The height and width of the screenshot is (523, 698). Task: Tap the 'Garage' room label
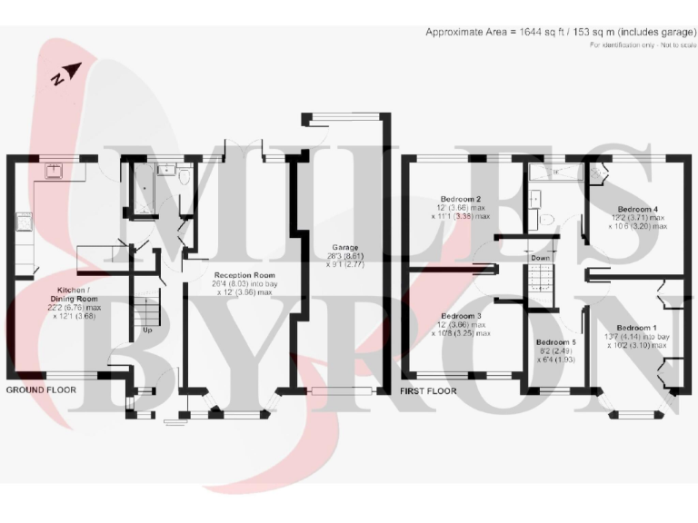pos(344,247)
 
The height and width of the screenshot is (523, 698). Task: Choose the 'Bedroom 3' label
pos(461,315)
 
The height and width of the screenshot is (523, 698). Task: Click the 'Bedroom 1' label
pos(635,328)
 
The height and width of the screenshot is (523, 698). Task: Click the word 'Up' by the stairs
pos(146,330)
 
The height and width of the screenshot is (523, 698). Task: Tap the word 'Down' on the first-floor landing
pos(541,258)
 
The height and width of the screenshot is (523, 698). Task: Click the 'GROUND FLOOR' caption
pos(41,390)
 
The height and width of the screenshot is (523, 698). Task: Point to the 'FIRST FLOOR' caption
pos(429,391)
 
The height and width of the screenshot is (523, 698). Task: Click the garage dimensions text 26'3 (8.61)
pos(344,256)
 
